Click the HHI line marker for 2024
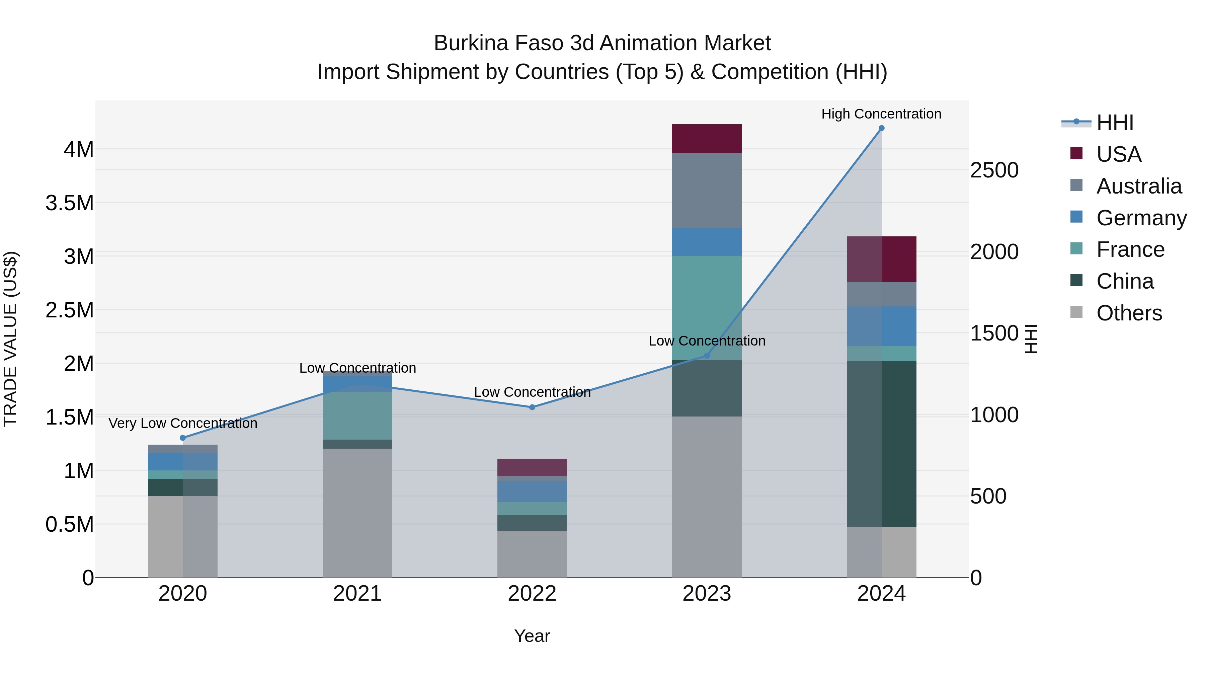coord(881,128)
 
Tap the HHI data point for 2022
coord(532,407)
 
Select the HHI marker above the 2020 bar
coord(183,438)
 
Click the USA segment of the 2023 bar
coord(706,139)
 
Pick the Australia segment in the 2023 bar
coord(706,191)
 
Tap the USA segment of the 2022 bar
coord(532,467)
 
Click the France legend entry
coord(1130,249)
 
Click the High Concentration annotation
coord(881,114)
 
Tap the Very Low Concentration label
coord(183,423)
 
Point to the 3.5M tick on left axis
coord(69,203)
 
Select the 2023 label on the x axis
coord(706,594)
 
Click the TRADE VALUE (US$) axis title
coord(10,339)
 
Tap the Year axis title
coord(532,636)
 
